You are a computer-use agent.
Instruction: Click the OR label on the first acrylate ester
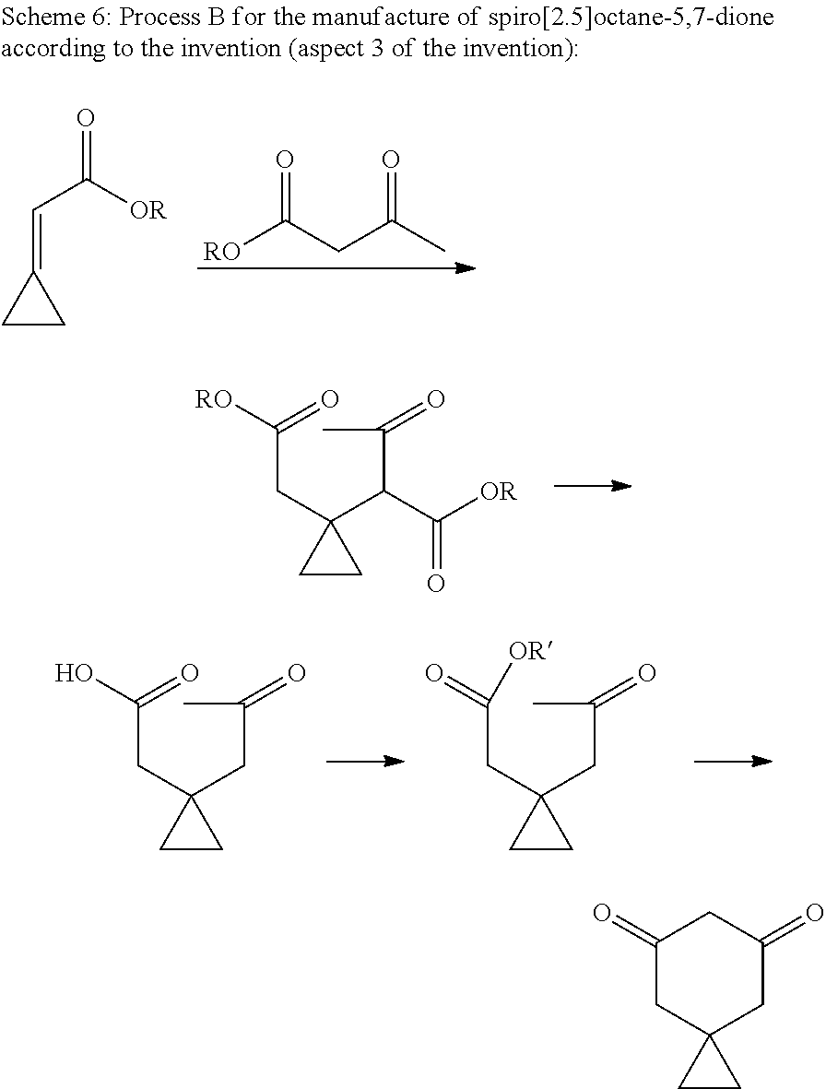click(148, 209)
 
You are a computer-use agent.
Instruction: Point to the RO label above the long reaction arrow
click(221, 251)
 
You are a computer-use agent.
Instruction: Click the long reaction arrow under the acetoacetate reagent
click(336, 268)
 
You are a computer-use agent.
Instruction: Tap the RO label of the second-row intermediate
click(214, 399)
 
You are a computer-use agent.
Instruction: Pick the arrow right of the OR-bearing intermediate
click(593, 487)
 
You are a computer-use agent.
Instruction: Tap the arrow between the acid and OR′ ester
click(365, 762)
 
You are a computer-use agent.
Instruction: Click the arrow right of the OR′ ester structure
click(733, 762)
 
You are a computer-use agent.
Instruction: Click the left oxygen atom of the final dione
click(602, 910)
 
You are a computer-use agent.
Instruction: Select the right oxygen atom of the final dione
click(816, 910)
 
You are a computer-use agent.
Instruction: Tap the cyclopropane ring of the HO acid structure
click(192, 824)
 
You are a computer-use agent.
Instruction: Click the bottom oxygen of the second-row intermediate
click(436, 584)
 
